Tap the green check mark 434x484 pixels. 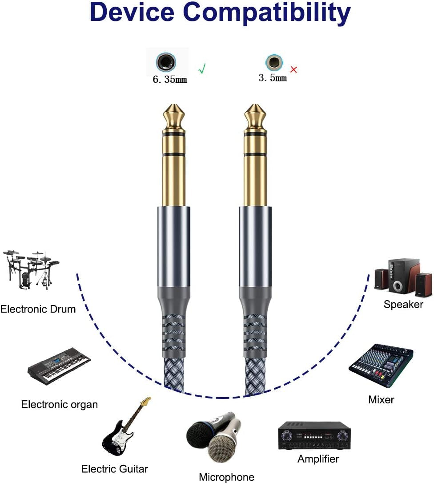pos(202,69)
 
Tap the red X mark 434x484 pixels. pos(293,69)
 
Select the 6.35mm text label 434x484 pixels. pos(169,80)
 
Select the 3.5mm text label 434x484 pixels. pos(273,78)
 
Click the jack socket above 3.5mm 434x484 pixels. pos(273,63)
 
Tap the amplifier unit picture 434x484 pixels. pos(314,435)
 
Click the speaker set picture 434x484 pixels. pos(403,278)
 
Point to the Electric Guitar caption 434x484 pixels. pos(114,469)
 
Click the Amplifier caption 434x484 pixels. pos(318,459)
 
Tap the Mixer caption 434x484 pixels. pos(381,399)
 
